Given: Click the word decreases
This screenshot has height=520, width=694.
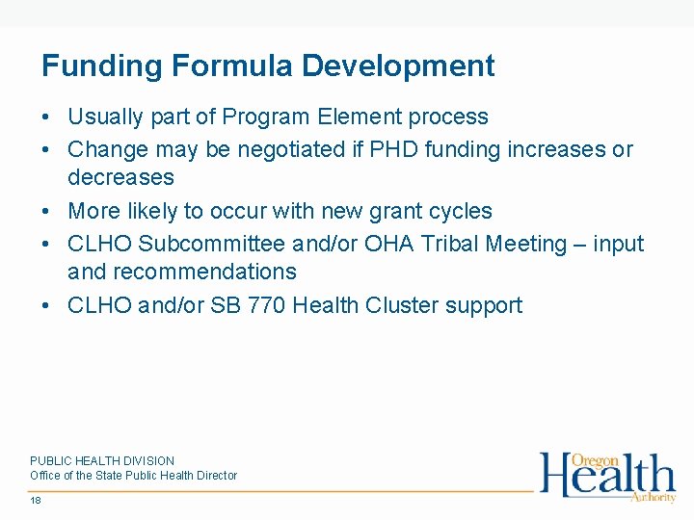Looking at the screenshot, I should pyautogui.click(x=120, y=178).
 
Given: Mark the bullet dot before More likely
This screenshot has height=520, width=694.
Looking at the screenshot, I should pyautogui.click(x=45, y=212).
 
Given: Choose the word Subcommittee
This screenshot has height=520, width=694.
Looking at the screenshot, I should pyautogui.click(x=212, y=245).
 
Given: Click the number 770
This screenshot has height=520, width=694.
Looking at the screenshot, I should pyautogui.click(x=266, y=306).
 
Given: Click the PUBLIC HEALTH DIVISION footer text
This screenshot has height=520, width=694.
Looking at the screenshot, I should pyautogui.click(x=102, y=461).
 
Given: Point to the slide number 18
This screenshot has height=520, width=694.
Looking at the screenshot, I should pyautogui.click(x=36, y=501).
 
